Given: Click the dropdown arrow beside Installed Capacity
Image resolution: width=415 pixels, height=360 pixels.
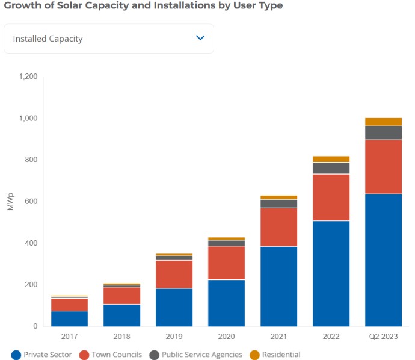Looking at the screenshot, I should click(201, 38).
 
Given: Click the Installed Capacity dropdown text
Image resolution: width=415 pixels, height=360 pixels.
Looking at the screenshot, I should click(48, 39).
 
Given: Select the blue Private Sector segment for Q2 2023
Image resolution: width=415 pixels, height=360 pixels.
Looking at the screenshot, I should click(383, 260).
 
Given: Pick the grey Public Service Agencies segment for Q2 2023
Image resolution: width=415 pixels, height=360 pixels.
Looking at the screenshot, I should click(383, 132).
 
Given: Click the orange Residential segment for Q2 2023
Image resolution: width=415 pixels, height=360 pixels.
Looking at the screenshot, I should click(383, 122).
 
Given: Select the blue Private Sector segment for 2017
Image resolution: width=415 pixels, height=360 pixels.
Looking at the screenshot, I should click(70, 318).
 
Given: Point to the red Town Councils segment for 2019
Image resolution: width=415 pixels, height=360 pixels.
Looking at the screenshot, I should click(174, 274).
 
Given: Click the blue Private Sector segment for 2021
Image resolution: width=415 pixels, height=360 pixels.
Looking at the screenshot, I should click(278, 286).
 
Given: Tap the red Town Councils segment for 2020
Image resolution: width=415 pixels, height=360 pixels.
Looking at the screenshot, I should click(226, 262).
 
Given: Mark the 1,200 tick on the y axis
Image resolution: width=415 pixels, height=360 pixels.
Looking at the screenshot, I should click(28, 76).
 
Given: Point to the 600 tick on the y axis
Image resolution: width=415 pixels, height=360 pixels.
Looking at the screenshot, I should click(31, 201).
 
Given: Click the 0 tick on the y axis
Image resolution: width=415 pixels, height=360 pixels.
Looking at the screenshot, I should click(35, 326).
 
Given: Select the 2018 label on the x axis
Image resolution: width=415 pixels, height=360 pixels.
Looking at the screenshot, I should click(121, 336).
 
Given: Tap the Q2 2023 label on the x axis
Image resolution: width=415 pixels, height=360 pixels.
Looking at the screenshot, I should click(383, 336).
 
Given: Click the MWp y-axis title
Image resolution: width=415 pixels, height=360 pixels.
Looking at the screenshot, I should click(10, 202).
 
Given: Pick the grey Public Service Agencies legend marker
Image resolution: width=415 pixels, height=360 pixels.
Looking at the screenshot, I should click(154, 355).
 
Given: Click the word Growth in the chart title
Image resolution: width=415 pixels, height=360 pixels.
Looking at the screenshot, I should click(22, 5).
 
